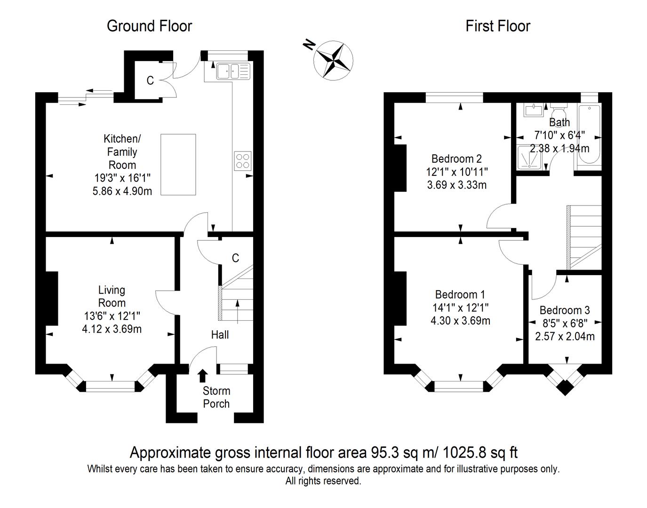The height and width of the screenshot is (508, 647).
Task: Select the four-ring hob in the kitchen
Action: [x=243, y=161]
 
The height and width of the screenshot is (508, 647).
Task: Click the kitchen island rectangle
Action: [x=178, y=164]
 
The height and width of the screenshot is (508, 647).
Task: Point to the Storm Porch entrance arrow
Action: [x=203, y=375]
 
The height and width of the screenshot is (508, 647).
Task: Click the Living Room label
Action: [x=112, y=296]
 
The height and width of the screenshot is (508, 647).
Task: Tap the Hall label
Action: [x=220, y=334]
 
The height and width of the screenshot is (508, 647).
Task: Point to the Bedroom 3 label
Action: [x=564, y=310]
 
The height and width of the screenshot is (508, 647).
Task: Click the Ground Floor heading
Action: [x=149, y=26]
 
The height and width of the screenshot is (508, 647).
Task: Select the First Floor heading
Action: [x=497, y=26]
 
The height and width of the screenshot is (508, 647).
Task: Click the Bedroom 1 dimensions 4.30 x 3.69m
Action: [x=460, y=321]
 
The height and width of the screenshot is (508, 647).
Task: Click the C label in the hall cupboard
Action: [x=235, y=258]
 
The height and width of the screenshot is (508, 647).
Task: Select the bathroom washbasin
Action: [x=534, y=110]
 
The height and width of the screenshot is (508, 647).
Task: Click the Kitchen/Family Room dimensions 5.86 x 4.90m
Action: [x=122, y=191]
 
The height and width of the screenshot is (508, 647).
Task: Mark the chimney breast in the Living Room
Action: [x=51, y=298]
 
